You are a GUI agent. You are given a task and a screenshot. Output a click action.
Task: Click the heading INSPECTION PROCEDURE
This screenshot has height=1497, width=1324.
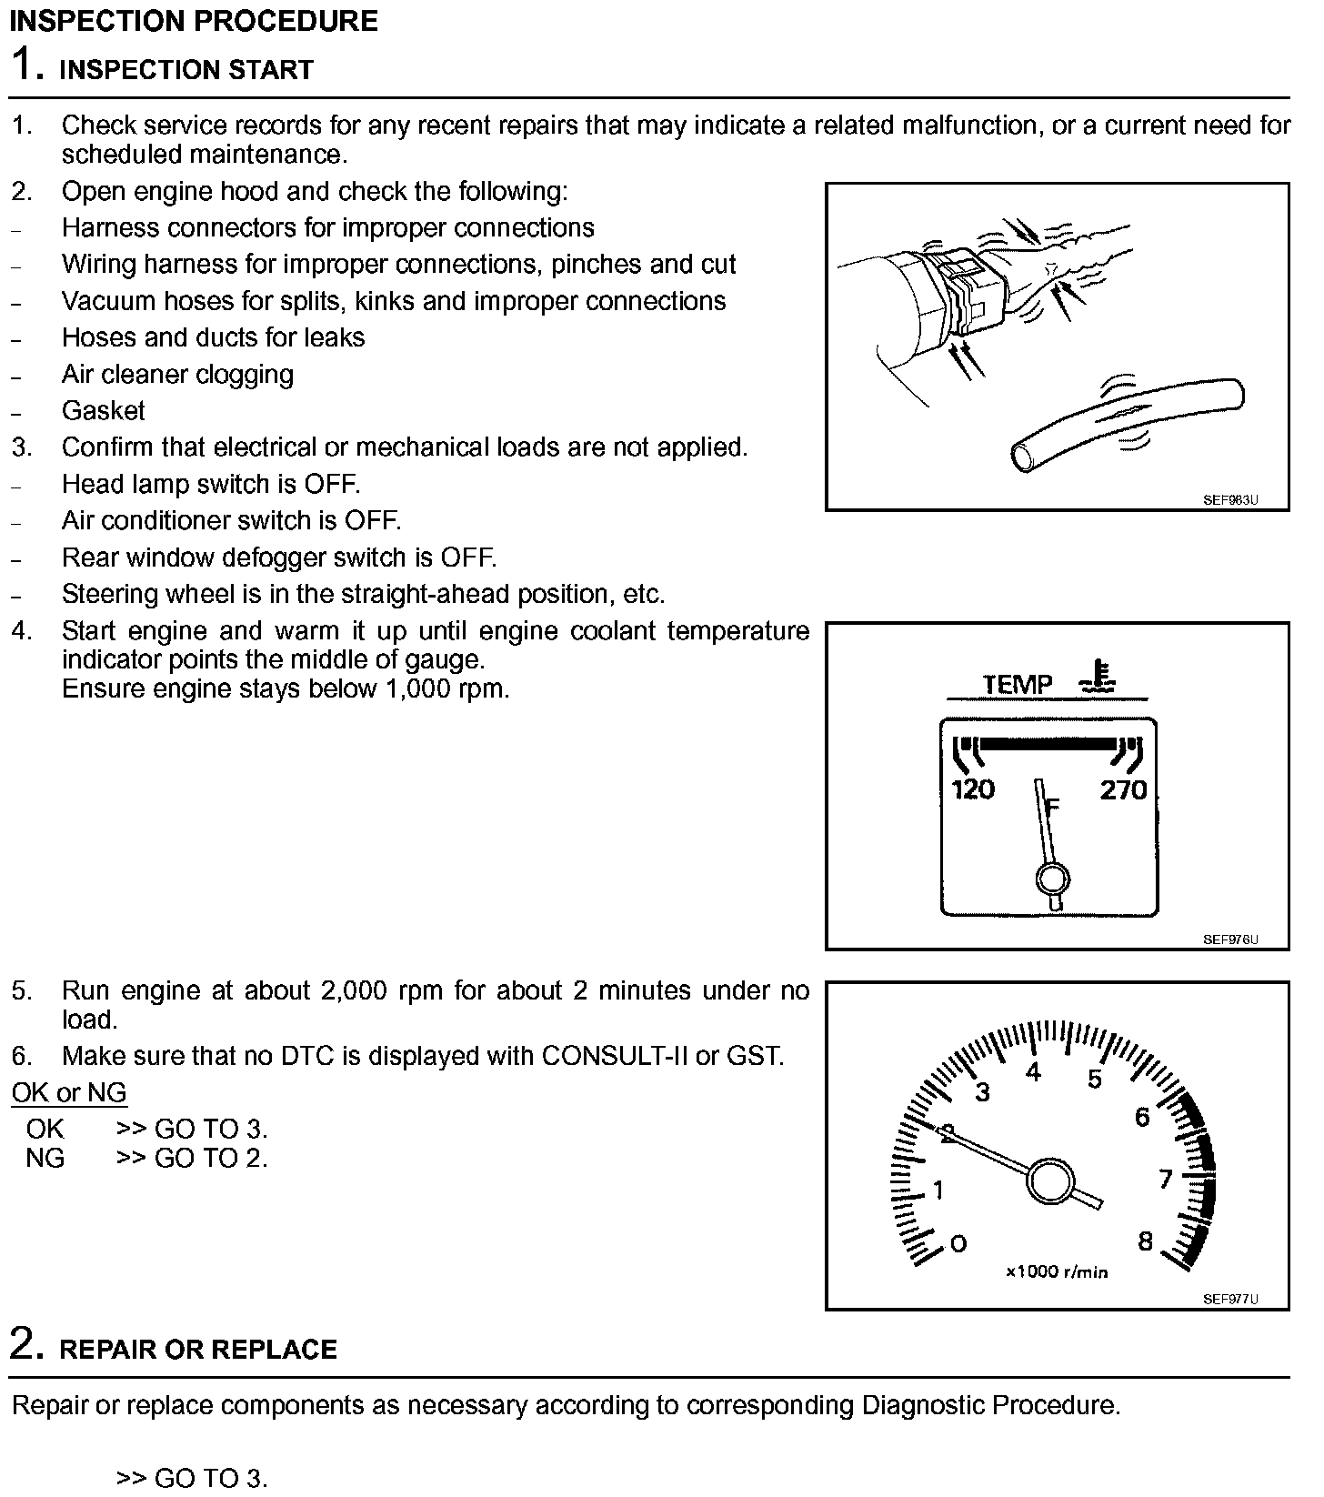click(x=194, y=21)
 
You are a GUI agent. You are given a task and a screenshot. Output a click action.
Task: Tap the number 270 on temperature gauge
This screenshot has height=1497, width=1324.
click(x=1123, y=789)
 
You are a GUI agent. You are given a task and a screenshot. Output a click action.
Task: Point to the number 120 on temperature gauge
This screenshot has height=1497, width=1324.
click(x=973, y=789)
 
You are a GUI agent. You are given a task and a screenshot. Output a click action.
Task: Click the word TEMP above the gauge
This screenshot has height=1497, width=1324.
click(x=1018, y=684)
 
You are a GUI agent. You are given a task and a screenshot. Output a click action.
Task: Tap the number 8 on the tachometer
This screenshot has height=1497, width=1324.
click(x=1145, y=1241)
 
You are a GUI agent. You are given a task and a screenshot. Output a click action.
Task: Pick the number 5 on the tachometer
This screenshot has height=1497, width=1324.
click(x=1095, y=1080)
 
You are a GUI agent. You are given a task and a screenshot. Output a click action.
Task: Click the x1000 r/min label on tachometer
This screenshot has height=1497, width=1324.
click(x=1057, y=1271)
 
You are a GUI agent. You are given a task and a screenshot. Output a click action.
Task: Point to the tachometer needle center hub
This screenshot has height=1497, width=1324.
click(x=1050, y=1181)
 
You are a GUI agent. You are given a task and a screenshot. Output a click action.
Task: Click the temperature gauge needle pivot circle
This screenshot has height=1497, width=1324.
click(x=1053, y=879)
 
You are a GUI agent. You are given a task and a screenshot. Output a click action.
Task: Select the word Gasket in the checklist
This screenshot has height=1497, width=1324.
click(x=103, y=411)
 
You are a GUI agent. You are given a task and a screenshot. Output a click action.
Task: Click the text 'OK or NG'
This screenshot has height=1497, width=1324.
click(x=69, y=1092)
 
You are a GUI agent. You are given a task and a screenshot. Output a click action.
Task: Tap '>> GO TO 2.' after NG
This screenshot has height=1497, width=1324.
click(x=192, y=1158)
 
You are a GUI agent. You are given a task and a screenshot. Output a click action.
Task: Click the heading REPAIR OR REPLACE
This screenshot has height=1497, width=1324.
click(x=198, y=1349)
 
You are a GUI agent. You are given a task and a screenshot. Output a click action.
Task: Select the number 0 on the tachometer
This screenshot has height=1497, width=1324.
click(x=958, y=1243)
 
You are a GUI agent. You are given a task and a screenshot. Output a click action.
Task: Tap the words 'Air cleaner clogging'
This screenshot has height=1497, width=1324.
click(x=177, y=375)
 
